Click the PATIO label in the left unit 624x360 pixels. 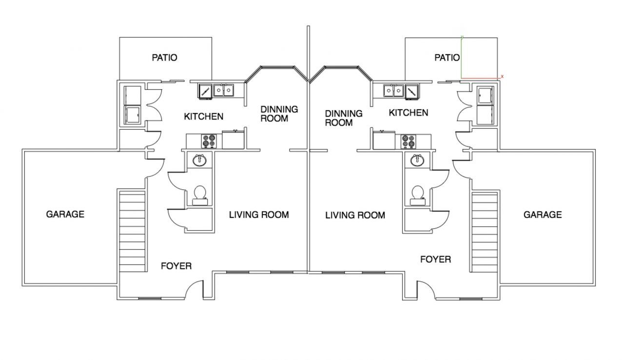(x=164, y=58)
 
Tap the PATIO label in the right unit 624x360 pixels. (x=447, y=58)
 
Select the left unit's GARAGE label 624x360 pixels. (x=65, y=214)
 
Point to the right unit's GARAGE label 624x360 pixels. (x=543, y=215)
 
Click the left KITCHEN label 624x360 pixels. (x=204, y=117)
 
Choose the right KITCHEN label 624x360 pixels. (x=409, y=113)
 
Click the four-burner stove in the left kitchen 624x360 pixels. (x=209, y=141)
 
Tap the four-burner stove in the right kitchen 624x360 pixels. (x=408, y=141)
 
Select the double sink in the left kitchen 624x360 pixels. (x=224, y=90)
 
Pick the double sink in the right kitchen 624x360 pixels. (x=393, y=91)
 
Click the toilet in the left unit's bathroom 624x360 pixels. (x=200, y=196)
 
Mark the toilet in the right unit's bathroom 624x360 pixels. (x=418, y=196)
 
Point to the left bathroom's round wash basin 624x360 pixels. (x=199, y=160)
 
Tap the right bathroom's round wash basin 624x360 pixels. (x=417, y=160)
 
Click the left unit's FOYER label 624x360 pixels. (x=176, y=266)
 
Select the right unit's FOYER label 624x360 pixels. (x=436, y=260)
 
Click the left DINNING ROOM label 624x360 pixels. (x=279, y=114)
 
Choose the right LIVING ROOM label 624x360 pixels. (x=355, y=215)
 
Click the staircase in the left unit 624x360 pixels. (x=132, y=231)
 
